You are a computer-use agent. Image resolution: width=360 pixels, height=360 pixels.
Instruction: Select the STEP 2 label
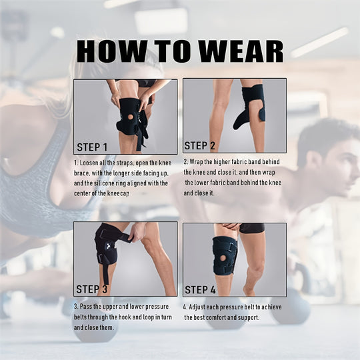199,145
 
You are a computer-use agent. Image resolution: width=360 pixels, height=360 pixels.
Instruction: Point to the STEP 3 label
92,289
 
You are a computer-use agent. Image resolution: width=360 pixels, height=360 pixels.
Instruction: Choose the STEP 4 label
200,289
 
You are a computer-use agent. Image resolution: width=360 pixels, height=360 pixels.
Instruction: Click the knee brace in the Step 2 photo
251,105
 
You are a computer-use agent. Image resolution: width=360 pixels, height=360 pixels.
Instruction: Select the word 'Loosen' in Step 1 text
90,162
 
